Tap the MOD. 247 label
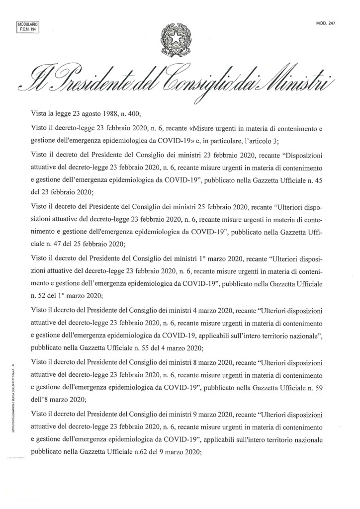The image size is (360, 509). pyautogui.click(x=325, y=23)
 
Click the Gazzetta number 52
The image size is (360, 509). pyautogui.click(x=42, y=296)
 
